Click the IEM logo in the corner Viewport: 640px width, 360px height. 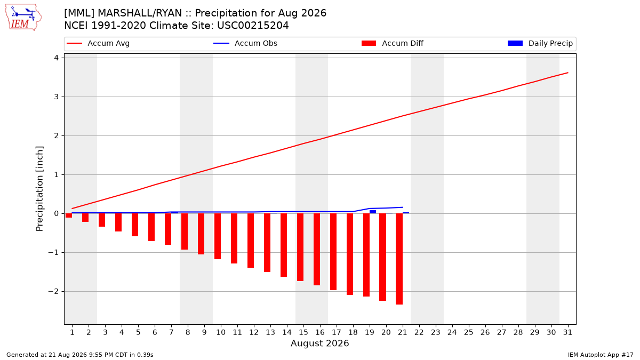(x=23, y=18)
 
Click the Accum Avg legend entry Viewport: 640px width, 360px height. (x=98, y=43)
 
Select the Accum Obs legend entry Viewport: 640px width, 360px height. (x=245, y=43)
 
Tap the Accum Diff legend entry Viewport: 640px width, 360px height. (x=393, y=43)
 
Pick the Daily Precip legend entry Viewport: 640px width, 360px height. (x=540, y=43)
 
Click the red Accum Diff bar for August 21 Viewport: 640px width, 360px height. (x=399, y=259)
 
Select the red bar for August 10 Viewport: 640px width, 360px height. (x=218, y=236)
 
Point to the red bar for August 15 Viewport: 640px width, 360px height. (x=300, y=247)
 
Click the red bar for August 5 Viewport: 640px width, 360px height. (x=135, y=225)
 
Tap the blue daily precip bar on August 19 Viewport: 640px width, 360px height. (x=373, y=212)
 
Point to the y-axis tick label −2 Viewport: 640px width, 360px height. (x=53, y=291)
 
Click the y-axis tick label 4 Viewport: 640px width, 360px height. (x=57, y=58)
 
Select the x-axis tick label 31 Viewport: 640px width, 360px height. (x=567, y=333)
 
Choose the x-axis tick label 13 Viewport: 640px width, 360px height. (x=270, y=333)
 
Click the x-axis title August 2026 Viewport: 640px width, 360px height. (x=319, y=343)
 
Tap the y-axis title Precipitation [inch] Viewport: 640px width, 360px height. (x=39, y=189)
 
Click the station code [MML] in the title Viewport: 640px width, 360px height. (x=79, y=13)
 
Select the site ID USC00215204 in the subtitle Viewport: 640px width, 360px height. (x=253, y=26)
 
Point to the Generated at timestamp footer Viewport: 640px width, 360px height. (x=79, y=355)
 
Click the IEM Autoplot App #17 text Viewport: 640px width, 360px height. (x=601, y=355)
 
